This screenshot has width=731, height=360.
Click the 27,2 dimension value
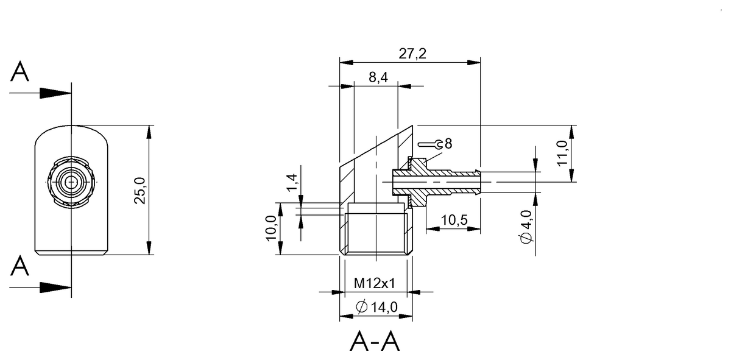click(x=412, y=54)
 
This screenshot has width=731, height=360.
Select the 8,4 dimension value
click(x=378, y=77)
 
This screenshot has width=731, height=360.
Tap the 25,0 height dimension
click(x=140, y=191)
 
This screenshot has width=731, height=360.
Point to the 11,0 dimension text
click(x=562, y=153)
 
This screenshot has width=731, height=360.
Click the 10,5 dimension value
click(x=454, y=221)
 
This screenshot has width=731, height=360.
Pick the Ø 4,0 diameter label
click(x=526, y=227)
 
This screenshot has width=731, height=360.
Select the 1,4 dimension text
click(x=292, y=183)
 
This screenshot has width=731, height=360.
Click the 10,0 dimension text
click(x=271, y=228)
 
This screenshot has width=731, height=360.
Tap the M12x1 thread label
click(x=374, y=283)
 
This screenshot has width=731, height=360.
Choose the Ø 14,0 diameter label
click(x=376, y=307)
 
